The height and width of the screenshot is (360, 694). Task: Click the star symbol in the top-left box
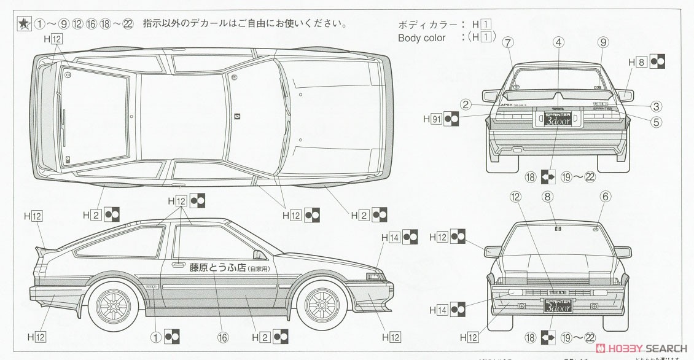coord(22,25)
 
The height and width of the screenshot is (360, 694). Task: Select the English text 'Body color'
coord(422,37)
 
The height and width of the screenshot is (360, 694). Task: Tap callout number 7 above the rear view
coord(507,42)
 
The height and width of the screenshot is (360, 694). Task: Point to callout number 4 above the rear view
coord(558,42)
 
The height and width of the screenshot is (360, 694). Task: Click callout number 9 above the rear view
coord(602,42)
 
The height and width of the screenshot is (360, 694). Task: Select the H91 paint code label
coord(434,117)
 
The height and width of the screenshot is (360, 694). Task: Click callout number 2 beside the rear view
coord(467,104)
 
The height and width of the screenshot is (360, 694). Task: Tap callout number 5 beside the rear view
coord(657,122)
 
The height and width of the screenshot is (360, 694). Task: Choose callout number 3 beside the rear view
coord(657,106)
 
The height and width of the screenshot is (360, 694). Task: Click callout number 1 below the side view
coord(157,336)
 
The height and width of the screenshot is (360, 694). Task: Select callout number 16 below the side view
coord(222,336)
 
